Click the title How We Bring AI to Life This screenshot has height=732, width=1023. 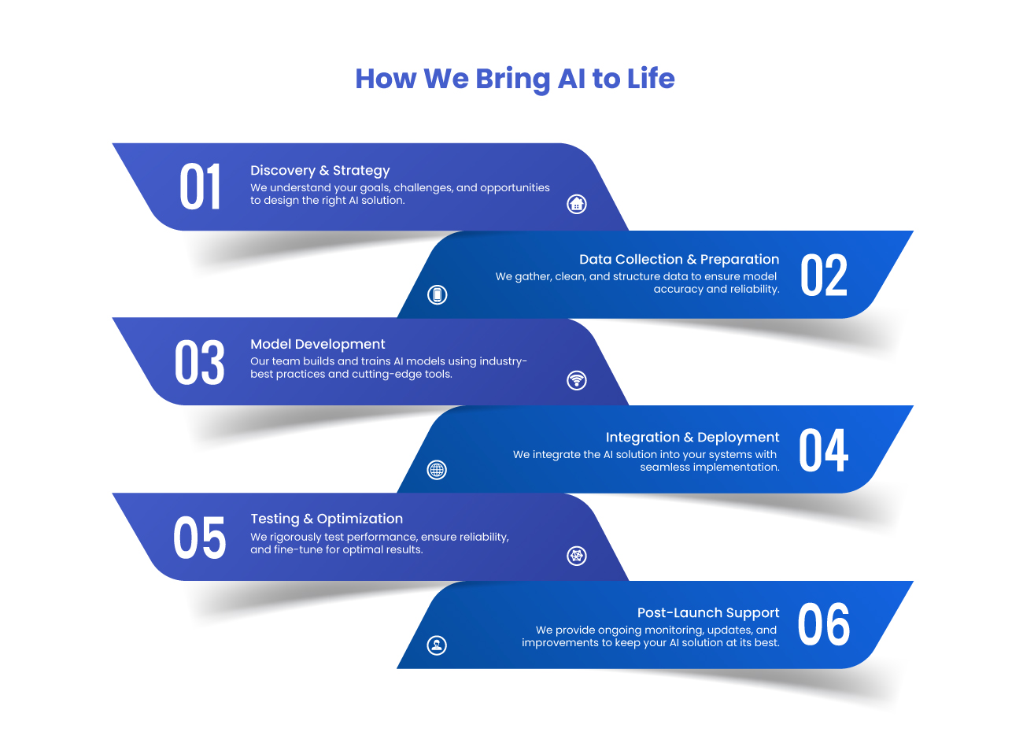[515, 79]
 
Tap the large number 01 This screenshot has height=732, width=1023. [200, 187]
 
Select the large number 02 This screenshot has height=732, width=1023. [823, 275]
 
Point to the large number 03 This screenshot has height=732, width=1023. [200, 362]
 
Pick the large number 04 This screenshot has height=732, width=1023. [823, 449]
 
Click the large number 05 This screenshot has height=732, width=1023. [200, 538]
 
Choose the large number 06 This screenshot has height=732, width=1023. [823, 623]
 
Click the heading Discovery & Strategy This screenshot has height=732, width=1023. [319, 171]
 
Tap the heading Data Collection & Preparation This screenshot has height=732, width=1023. [679, 259]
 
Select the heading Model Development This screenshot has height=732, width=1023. [317, 344]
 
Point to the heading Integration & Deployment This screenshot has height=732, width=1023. [692, 438]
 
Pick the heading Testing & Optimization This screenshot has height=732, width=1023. [327, 519]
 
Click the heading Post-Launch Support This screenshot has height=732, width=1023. [708, 612]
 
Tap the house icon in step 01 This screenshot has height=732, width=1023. [577, 204]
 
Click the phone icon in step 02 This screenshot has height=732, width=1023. [437, 294]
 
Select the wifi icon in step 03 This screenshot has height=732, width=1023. [577, 380]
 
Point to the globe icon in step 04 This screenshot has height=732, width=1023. [437, 470]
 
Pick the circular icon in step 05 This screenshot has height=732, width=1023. [577, 556]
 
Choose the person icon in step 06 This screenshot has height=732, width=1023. [437, 645]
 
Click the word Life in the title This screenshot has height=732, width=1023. [651, 78]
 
